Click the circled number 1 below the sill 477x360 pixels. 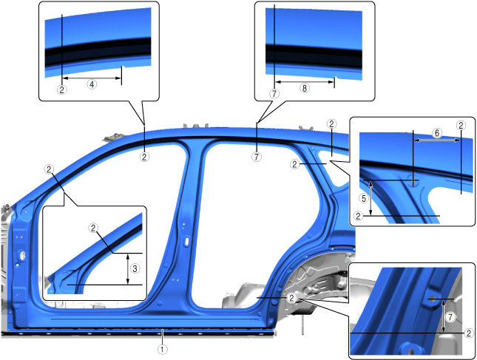pos(163,350)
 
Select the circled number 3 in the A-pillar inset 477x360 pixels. pos(135,268)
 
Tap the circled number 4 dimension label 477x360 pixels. pos(92,84)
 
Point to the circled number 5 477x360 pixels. pos(364,199)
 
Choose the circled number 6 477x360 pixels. pos(437,133)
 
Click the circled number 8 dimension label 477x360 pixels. pos(305,88)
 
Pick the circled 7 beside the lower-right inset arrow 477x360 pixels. pos(450,317)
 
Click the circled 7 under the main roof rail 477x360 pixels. pos(257,157)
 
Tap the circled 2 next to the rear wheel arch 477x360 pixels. pos(292,298)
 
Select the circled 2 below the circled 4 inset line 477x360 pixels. pos(62,90)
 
